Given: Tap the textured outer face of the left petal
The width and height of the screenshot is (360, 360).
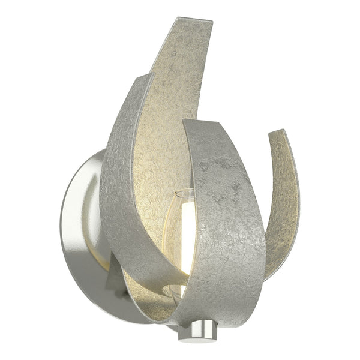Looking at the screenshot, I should click(x=120, y=180).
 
